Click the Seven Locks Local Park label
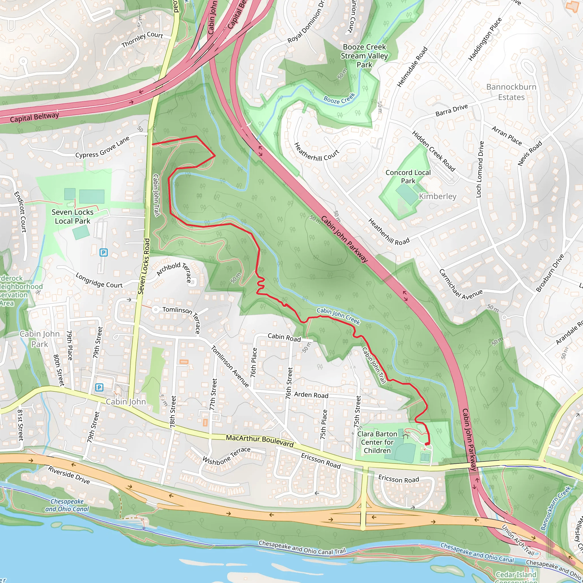[72, 217]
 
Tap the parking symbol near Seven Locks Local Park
[104, 252]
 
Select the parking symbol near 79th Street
[99, 387]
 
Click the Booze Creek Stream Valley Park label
[364, 56]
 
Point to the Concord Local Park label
[408, 176]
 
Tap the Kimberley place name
[438, 196]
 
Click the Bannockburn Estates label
[511, 92]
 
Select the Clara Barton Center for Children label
[377, 442]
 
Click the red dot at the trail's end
[427, 444]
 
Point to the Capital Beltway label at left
[34, 117]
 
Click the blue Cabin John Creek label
[338, 316]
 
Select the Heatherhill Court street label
[316, 152]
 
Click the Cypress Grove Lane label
[102, 147]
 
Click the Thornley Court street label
[142, 40]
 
